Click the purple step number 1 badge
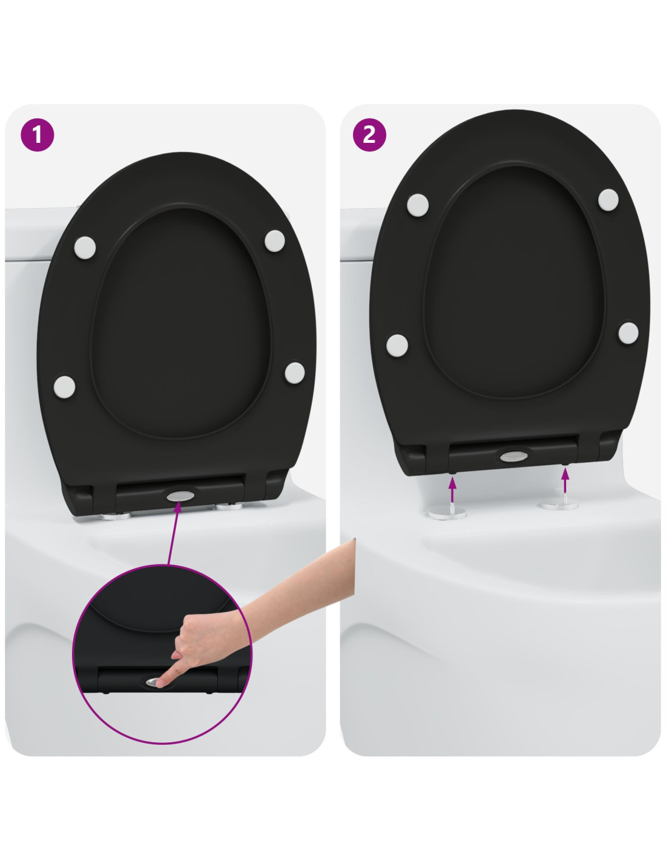pyautogui.click(x=38, y=135)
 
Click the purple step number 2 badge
pyautogui.click(x=369, y=135)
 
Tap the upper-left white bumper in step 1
pyautogui.click(x=85, y=248)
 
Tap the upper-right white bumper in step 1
pyautogui.click(x=274, y=240)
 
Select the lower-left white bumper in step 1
pyautogui.click(x=65, y=387)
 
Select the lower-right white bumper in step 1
pyautogui.click(x=295, y=372)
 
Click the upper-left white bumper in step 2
pyautogui.click(x=418, y=205)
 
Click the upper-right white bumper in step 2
pyautogui.click(x=608, y=200)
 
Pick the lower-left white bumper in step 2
pyautogui.click(x=397, y=345)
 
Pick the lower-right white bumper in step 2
pyautogui.click(x=628, y=332)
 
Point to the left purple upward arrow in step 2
pyautogui.click(x=452, y=489)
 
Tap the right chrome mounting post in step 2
pyautogui.click(x=559, y=504)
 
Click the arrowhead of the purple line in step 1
pyautogui.click(x=178, y=506)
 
